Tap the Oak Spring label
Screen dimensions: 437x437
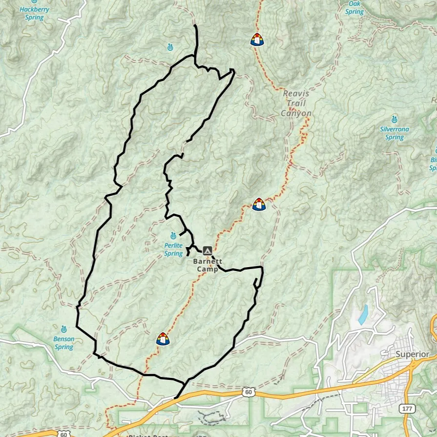click(x=354, y=7)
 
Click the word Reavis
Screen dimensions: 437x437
click(x=296, y=93)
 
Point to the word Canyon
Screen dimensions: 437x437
click(x=296, y=113)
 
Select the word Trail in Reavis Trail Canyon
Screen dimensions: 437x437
click(x=296, y=103)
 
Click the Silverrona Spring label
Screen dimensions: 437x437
click(x=395, y=133)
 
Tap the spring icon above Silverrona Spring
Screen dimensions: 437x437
click(x=394, y=119)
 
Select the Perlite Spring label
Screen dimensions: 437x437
click(x=173, y=250)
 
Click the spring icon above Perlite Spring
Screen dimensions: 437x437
click(x=173, y=236)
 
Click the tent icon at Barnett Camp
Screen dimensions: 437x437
click(x=207, y=250)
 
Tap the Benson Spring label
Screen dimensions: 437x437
click(x=64, y=343)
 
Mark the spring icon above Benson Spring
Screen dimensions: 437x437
click(x=63, y=329)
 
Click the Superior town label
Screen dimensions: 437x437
click(x=413, y=354)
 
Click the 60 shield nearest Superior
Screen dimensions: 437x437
click(x=249, y=392)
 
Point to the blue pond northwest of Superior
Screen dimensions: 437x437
click(x=363, y=315)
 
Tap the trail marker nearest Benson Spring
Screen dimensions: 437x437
click(x=163, y=338)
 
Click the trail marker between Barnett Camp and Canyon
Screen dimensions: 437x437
click(x=259, y=204)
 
